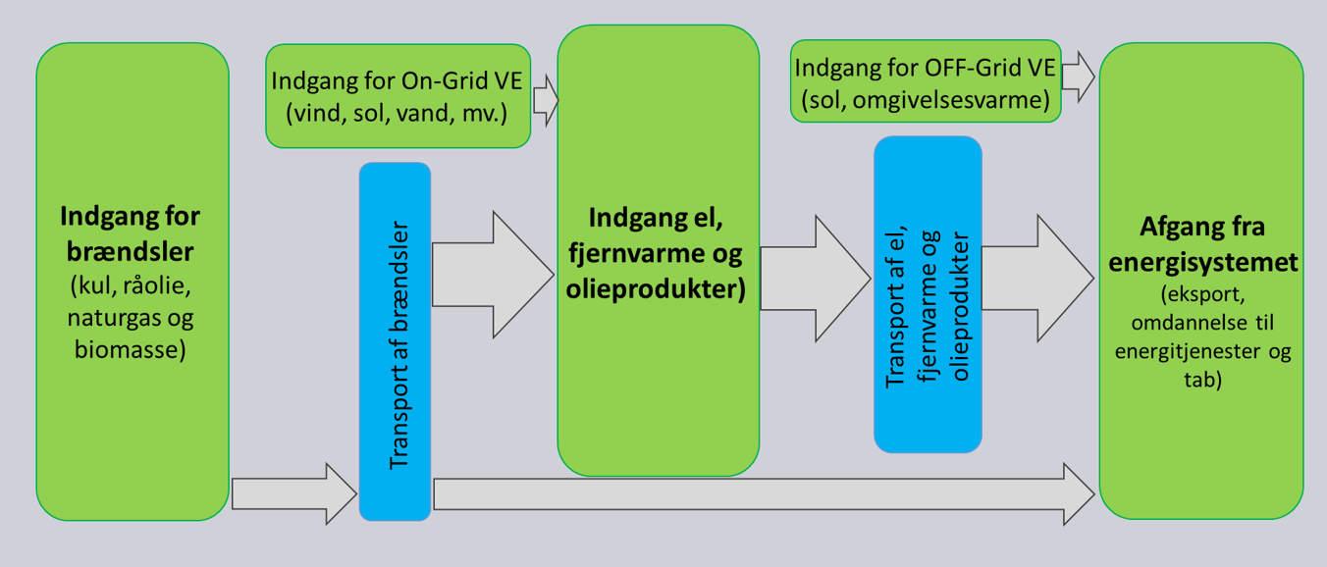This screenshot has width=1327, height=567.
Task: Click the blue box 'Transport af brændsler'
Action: coord(396,341)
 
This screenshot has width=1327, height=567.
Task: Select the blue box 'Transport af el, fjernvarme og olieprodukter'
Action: coord(928,294)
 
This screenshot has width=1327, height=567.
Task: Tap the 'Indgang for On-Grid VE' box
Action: coord(398,96)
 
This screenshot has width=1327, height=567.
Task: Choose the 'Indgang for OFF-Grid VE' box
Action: coord(926,81)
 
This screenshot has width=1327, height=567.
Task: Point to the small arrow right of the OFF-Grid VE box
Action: coord(1078,77)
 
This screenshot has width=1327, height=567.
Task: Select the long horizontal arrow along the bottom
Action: coord(765,494)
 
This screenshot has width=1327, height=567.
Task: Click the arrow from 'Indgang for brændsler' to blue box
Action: coord(294,493)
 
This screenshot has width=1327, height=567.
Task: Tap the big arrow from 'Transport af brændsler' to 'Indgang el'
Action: coord(493,275)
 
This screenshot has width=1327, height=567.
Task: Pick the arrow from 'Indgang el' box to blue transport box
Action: coord(816,279)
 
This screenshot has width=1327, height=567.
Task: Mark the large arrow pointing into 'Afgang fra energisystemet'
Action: coord(1037,279)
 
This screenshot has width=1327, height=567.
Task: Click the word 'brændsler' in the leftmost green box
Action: coord(130,252)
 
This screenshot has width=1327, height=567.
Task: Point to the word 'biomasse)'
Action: coord(131,349)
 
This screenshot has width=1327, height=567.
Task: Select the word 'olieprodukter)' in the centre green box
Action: coord(656,289)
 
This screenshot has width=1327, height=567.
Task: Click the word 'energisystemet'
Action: coord(1203,262)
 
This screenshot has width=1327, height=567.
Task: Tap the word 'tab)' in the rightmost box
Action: coord(1203,380)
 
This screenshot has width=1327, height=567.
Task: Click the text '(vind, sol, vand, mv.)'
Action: coord(397,113)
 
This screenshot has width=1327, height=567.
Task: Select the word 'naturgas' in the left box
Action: coord(114,319)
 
